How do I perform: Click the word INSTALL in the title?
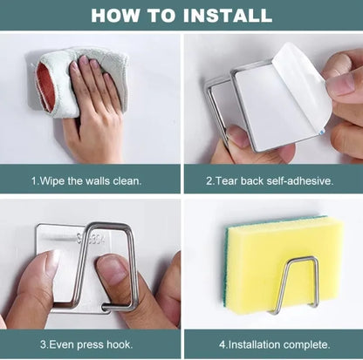228,16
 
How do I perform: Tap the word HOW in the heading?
115,16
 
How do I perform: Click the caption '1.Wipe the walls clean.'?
86,181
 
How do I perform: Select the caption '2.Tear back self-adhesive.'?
270,181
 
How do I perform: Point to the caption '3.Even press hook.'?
86,345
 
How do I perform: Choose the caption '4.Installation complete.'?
275,345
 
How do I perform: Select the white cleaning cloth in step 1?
81,81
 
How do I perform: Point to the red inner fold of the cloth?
46,87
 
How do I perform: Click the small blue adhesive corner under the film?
321,132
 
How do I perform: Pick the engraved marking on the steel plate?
91,239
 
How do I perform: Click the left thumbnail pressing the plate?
50,263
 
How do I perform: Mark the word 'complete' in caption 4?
307,345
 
